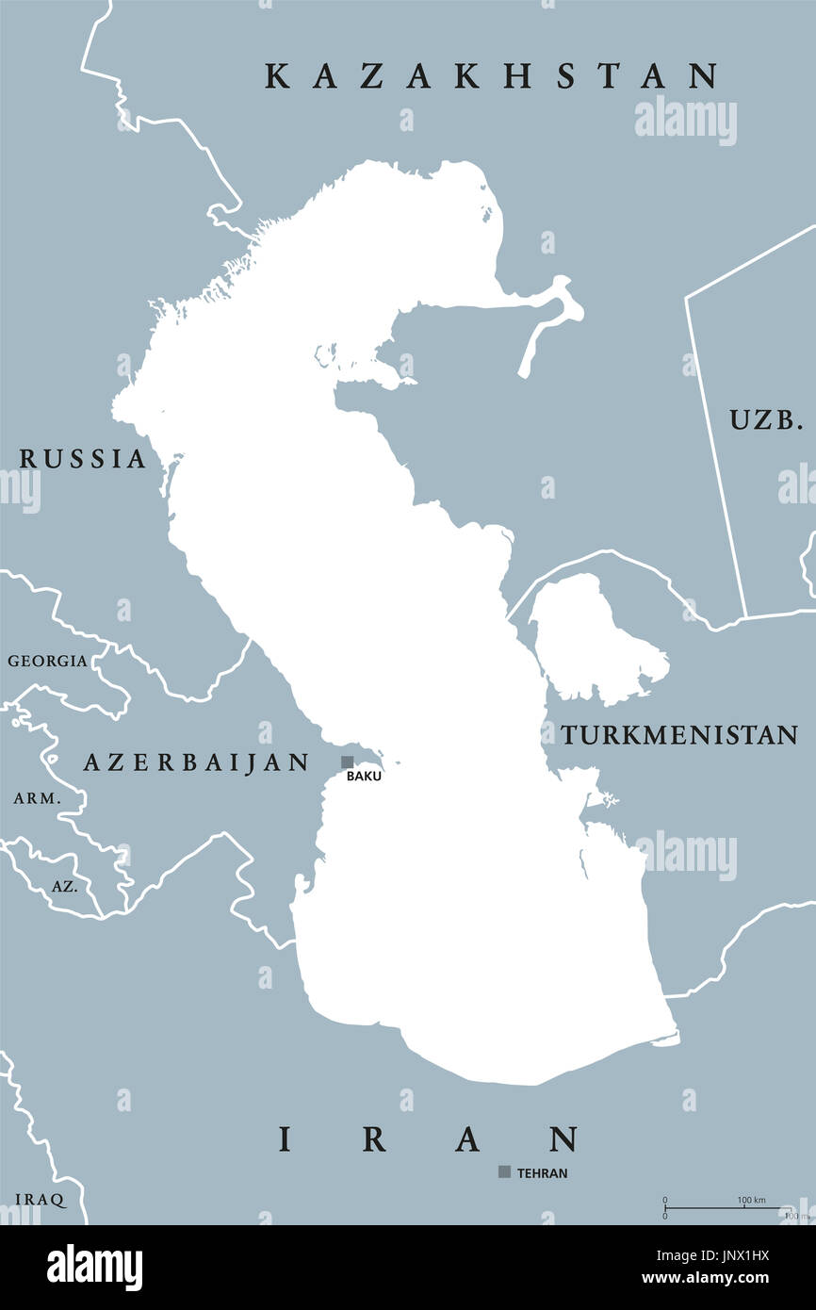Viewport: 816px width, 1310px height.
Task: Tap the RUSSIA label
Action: point(83,459)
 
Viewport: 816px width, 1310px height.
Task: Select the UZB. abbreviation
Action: point(766,420)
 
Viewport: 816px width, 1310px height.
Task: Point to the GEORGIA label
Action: point(47,661)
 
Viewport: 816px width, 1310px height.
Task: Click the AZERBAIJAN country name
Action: point(196,762)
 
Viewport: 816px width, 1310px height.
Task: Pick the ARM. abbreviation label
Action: point(37,798)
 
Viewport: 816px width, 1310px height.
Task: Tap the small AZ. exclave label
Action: point(65,887)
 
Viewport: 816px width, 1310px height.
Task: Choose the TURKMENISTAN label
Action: point(679,735)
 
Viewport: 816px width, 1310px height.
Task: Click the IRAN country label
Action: point(429,1140)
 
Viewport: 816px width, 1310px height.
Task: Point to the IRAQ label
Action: point(40,1200)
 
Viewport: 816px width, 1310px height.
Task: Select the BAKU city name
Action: point(364,777)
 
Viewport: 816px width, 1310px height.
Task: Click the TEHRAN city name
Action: point(542,1173)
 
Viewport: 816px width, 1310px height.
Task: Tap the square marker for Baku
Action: point(348,761)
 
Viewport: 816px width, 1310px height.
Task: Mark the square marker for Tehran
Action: point(505,1171)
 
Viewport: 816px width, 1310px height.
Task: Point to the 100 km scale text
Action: point(751,1200)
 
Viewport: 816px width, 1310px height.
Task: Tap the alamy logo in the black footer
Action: point(94,1267)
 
